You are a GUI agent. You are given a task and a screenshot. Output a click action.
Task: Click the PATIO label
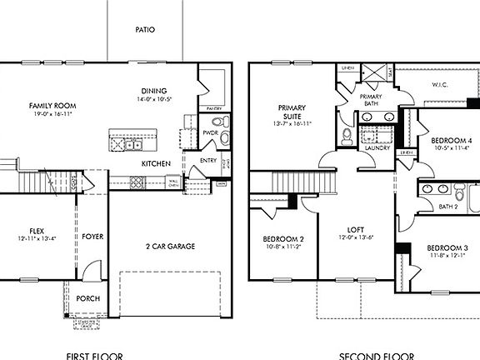(145, 29)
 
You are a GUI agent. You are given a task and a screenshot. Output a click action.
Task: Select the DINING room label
(154, 92)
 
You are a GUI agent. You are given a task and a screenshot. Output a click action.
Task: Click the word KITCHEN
(156, 163)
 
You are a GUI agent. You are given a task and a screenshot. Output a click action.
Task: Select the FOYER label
(92, 237)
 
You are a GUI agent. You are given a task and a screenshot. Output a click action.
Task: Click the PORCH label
(88, 297)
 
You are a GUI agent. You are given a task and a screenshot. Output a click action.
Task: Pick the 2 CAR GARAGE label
(171, 247)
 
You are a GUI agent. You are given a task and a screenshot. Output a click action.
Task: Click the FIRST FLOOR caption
(92, 355)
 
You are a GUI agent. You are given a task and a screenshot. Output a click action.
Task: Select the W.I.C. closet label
(441, 85)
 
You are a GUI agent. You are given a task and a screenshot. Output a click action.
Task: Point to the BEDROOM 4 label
(451, 142)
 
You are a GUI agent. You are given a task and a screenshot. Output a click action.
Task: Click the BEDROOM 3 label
(447, 248)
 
